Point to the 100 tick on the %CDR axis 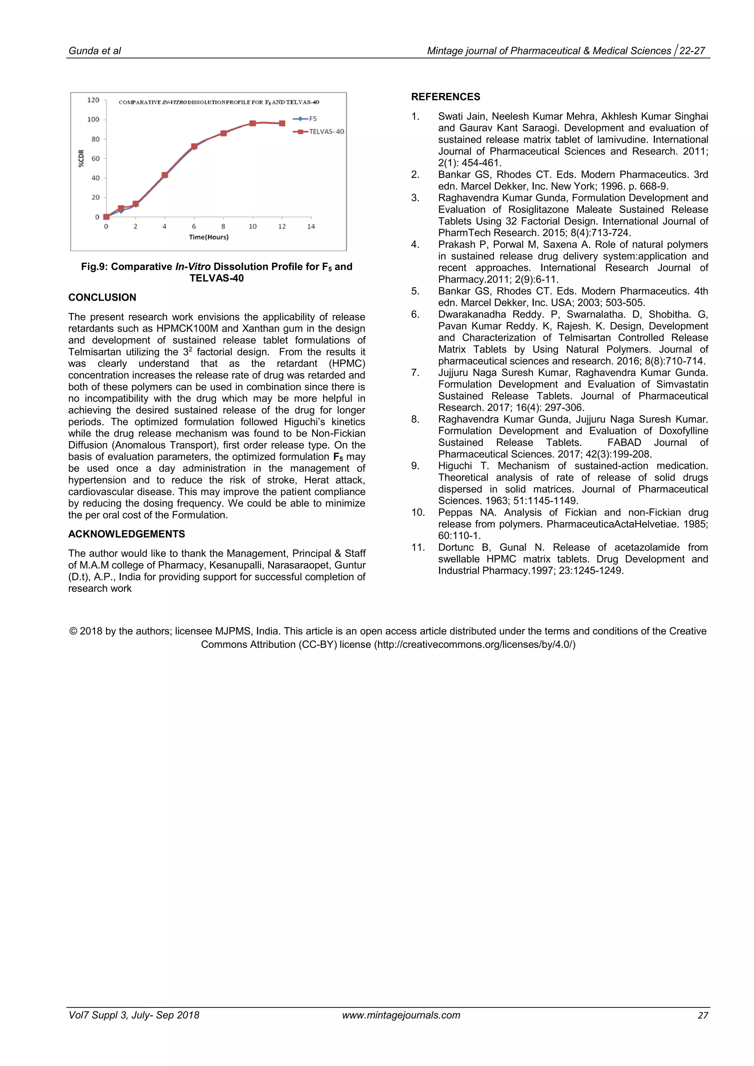point(93,120)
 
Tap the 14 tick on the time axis point(311,227)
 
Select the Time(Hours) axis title point(208,237)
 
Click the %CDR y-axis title point(81,158)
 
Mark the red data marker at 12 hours point(282,124)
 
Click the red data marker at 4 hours point(165,175)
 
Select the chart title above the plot point(219,102)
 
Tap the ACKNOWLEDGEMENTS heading point(126,534)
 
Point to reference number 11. point(417,548)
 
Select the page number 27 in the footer point(702,1016)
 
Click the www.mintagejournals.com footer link point(401,1016)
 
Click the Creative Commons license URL point(475,645)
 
